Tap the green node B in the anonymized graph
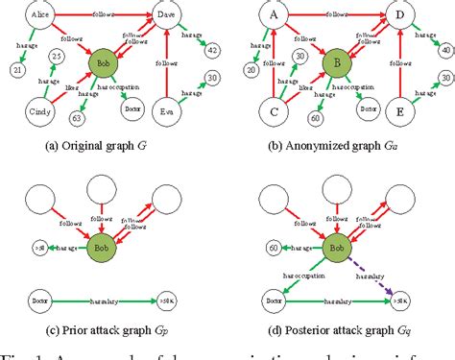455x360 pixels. coord(337,68)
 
